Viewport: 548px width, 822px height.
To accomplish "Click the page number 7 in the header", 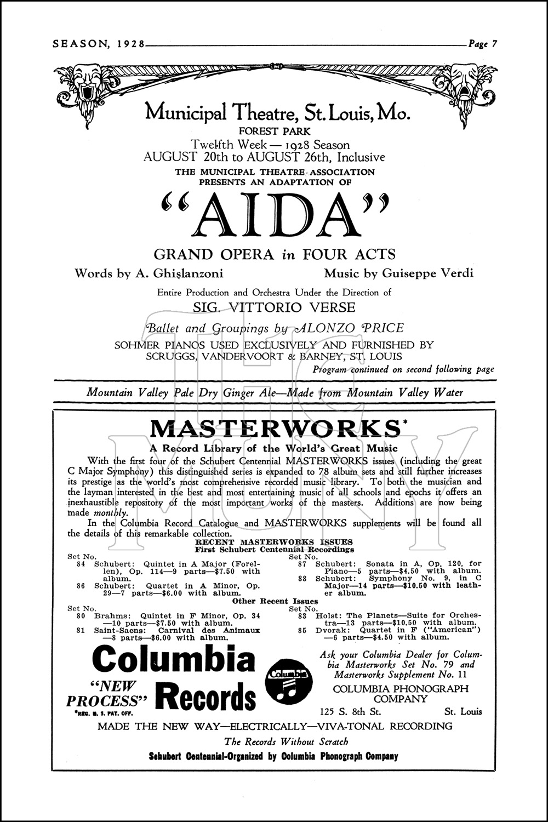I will [493, 45].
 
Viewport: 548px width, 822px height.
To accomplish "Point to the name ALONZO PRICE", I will [349, 328].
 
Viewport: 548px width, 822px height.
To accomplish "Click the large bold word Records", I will [206, 698].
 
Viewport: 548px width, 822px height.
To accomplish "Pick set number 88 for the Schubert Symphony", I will [302, 578].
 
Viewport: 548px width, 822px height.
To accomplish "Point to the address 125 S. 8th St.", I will [351, 712].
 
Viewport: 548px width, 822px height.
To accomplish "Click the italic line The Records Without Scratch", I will [286, 741].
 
